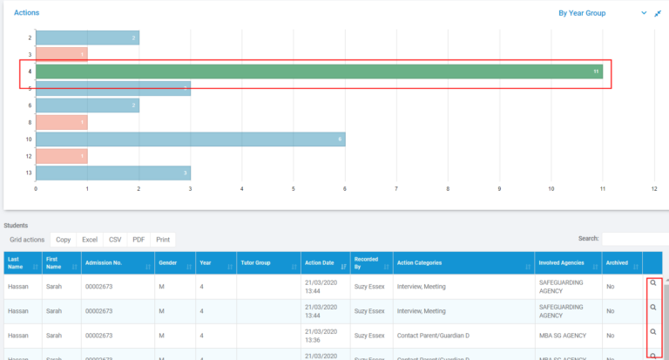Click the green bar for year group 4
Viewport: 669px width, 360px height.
[x=319, y=71]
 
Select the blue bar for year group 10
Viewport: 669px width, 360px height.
[x=190, y=139]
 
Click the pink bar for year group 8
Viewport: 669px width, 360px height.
[x=61, y=122]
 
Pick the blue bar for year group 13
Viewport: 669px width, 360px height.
[x=112, y=173]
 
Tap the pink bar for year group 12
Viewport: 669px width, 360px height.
[x=61, y=156]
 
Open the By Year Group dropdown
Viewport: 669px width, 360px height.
[x=602, y=13]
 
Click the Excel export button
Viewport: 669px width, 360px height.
[x=90, y=239]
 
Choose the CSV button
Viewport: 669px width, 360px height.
[x=115, y=239]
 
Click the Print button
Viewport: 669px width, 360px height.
[x=163, y=239]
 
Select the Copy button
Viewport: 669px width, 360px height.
[x=63, y=239]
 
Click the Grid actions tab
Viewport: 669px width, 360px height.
[x=27, y=239]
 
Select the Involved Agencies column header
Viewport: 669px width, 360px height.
[x=569, y=262]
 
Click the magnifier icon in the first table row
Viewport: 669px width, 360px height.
[x=653, y=283]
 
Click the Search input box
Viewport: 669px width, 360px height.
[x=635, y=238]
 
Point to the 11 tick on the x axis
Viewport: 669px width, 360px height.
[x=603, y=187]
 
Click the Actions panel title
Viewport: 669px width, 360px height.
[x=26, y=13]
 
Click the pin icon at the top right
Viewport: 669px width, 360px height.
[x=658, y=13]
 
